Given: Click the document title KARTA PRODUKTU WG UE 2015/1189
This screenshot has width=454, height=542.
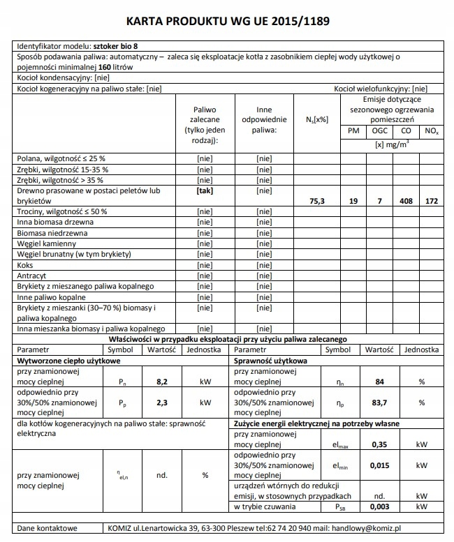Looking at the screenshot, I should pyautogui.click(x=226, y=22).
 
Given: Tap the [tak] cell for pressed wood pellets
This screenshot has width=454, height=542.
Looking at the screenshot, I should pyautogui.click(x=205, y=190).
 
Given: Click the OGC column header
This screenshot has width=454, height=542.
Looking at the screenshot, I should pyautogui.click(x=379, y=131).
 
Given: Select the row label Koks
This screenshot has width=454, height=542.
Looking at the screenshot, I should pyautogui.click(x=25, y=265).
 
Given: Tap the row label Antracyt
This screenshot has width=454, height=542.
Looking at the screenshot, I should pyautogui.click(x=31, y=276).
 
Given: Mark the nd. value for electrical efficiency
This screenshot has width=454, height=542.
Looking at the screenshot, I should pyautogui.click(x=161, y=475).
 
